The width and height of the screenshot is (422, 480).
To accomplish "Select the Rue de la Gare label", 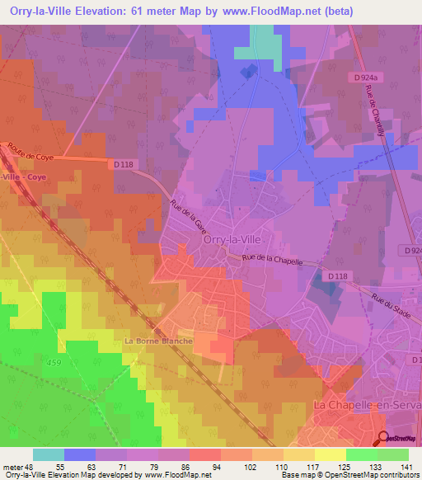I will pos(185,216).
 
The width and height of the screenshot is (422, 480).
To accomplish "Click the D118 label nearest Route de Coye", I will pos(121,165).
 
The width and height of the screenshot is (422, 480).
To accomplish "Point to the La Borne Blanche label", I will pos(158,341).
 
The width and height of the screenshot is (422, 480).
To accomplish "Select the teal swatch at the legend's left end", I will pos(48,454).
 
